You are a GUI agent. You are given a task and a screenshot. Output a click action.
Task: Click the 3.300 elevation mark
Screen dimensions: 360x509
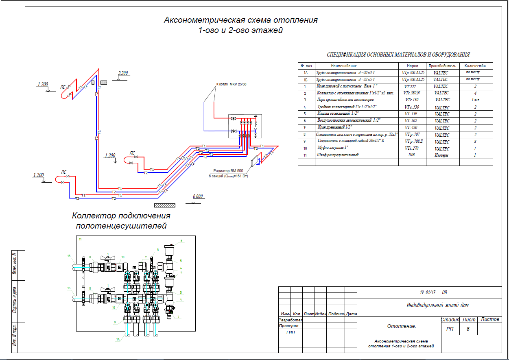coord(123,74)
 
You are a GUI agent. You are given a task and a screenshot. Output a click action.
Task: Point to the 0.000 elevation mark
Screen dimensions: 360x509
coord(198,196)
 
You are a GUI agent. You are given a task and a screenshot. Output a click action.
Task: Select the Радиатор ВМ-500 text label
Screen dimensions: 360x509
coord(228,171)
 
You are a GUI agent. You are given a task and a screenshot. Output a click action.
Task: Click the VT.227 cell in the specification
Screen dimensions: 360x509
coord(412,87)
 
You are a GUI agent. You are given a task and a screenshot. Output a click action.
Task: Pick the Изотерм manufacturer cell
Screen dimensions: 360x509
coord(441,155)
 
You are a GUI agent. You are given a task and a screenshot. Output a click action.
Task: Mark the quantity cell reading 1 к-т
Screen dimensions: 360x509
coord(475,100)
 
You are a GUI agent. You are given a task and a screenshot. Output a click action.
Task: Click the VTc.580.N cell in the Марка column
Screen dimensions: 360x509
coord(412,93)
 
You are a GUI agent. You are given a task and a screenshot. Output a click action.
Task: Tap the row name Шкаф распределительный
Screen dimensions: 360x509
coord(337,155)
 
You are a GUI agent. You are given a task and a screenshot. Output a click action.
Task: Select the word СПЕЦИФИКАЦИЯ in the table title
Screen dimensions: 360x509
coord(348,55)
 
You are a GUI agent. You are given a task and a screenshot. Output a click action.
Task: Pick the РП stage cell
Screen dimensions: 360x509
coord(450,329)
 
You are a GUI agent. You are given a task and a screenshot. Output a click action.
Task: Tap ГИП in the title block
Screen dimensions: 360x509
coord(291,332)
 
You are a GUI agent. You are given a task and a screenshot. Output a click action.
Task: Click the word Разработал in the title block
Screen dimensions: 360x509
coord(291,320)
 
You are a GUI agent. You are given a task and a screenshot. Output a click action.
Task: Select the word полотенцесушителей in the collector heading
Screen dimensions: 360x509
coord(121,226)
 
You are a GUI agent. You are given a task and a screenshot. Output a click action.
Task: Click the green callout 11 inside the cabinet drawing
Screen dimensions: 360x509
coord(80,239)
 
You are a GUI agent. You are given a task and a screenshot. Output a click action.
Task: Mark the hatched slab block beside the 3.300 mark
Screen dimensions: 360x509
coord(104,83)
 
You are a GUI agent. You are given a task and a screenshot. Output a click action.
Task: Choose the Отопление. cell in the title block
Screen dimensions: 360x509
coord(402,326)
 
